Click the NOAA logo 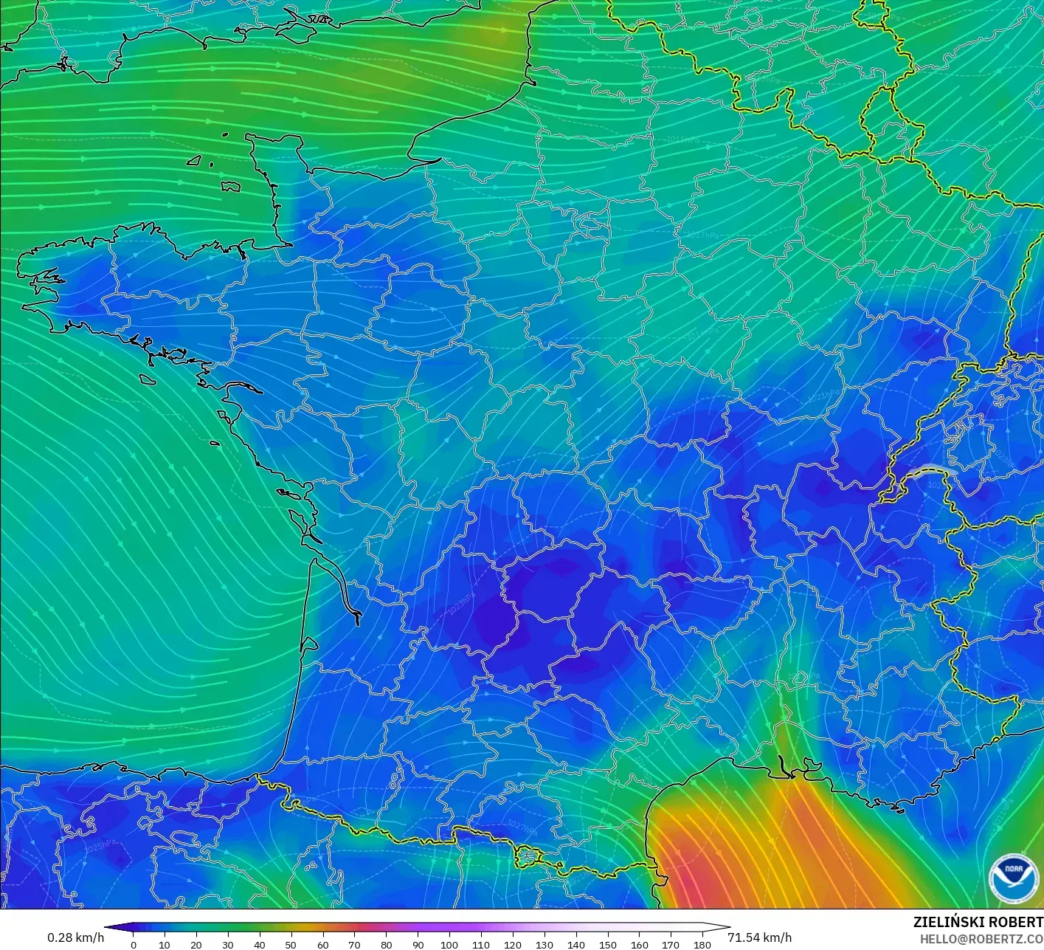pos(1013,878)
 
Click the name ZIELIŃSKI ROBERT pos(978,922)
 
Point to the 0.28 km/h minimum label pos(75,937)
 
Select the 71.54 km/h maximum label pos(759,937)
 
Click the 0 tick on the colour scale pos(134,944)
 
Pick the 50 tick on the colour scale pos(291,944)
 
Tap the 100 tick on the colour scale pos(449,944)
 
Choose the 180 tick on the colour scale pos(702,944)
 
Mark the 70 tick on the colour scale pos(355,944)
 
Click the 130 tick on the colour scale pos(545,944)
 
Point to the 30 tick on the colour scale pos(228,944)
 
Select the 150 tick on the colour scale pos(608,944)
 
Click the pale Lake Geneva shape pos(934,471)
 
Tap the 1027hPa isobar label pos(522,828)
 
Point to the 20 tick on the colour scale pos(196,944)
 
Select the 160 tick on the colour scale pos(640,944)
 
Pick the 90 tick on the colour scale pos(418,944)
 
